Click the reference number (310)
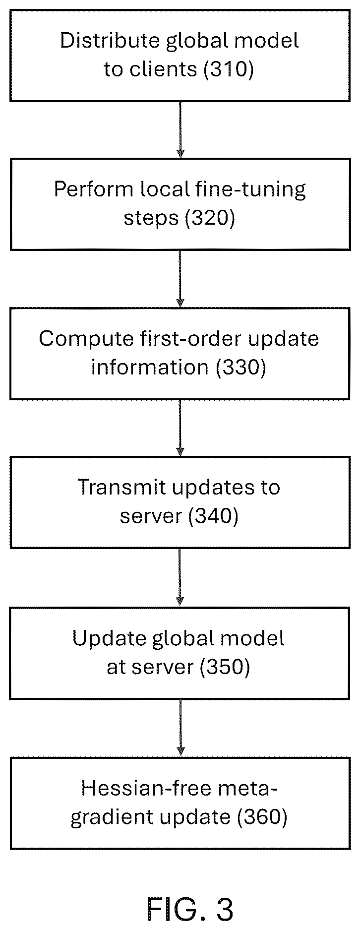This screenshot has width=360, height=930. click(x=229, y=69)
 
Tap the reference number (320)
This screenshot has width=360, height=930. click(x=210, y=218)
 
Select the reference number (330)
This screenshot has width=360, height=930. click(x=241, y=367)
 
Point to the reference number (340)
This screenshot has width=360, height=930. click(x=214, y=516)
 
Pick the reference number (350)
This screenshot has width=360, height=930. click(x=225, y=667)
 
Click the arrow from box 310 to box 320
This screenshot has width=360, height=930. click(x=180, y=130)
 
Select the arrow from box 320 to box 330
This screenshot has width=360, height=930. click(x=180, y=279)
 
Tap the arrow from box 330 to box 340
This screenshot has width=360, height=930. click(x=180, y=428)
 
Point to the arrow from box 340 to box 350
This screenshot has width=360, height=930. click(x=180, y=578)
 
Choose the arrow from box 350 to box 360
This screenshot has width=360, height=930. click(x=180, y=728)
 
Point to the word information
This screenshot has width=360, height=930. click(x=150, y=367)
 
